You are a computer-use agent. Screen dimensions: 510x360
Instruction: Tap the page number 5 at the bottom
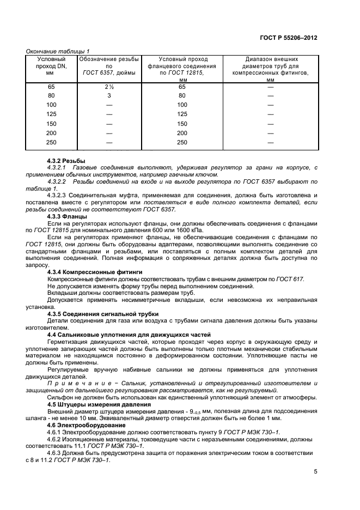point(315,472)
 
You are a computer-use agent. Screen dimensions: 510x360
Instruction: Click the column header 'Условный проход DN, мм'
point(51,65)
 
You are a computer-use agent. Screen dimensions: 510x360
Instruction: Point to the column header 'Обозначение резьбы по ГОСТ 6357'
point(109,65)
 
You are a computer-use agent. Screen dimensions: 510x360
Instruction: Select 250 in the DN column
point(51,142)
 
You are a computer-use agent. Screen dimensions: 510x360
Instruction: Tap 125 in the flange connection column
point(182,114)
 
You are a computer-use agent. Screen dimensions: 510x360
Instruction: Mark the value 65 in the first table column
point(51,87)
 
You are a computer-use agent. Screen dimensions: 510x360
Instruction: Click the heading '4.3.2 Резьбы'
point(66,161)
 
